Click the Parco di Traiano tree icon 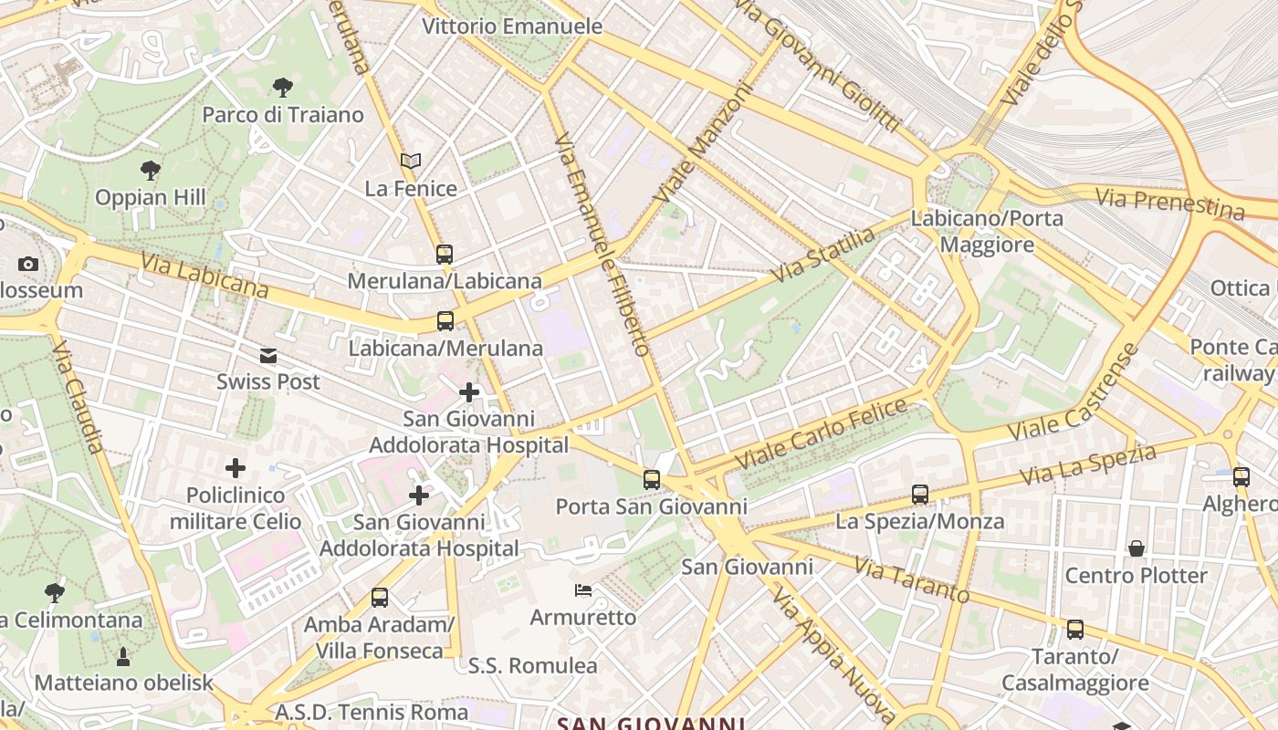point(283,88)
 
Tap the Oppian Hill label point(151,197)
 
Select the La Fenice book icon point(411,161)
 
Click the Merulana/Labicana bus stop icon point(445,255)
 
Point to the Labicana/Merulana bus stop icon point(445,321)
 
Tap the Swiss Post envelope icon point(268,355)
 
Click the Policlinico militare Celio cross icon point(236,468)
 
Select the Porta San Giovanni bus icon point(652,479)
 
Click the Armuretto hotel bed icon point(583,590)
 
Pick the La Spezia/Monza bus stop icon point(920,495)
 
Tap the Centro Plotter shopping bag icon point(1137,548)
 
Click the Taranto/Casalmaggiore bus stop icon point(1075,630)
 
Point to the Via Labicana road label point(204,276)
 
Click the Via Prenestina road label point(1169,203)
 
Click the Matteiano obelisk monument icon point(123,656)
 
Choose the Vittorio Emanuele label point(512,26)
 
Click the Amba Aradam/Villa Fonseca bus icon point(380,599)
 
